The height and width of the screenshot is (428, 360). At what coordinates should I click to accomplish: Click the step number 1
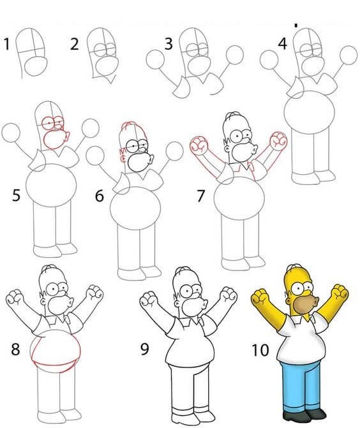click(6, 44)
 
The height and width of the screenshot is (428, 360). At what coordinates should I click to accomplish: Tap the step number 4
click(282, 43)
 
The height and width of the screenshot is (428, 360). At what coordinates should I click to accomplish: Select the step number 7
click(201, 196)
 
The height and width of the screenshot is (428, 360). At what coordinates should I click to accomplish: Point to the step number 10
click(260, 350)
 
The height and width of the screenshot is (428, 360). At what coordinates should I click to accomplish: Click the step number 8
click(15, 349)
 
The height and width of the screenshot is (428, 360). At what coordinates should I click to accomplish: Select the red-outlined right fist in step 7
click(278, 140)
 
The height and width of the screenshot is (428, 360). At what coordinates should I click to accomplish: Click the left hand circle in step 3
click(155, 59)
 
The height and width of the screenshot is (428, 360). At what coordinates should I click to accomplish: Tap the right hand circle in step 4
click(349, 55)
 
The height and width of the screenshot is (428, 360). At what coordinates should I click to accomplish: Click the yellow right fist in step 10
click(339, 292)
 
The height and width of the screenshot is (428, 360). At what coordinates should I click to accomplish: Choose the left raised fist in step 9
click(149, 299)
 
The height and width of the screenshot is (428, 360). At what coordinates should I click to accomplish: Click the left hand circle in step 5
click(11, 133)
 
